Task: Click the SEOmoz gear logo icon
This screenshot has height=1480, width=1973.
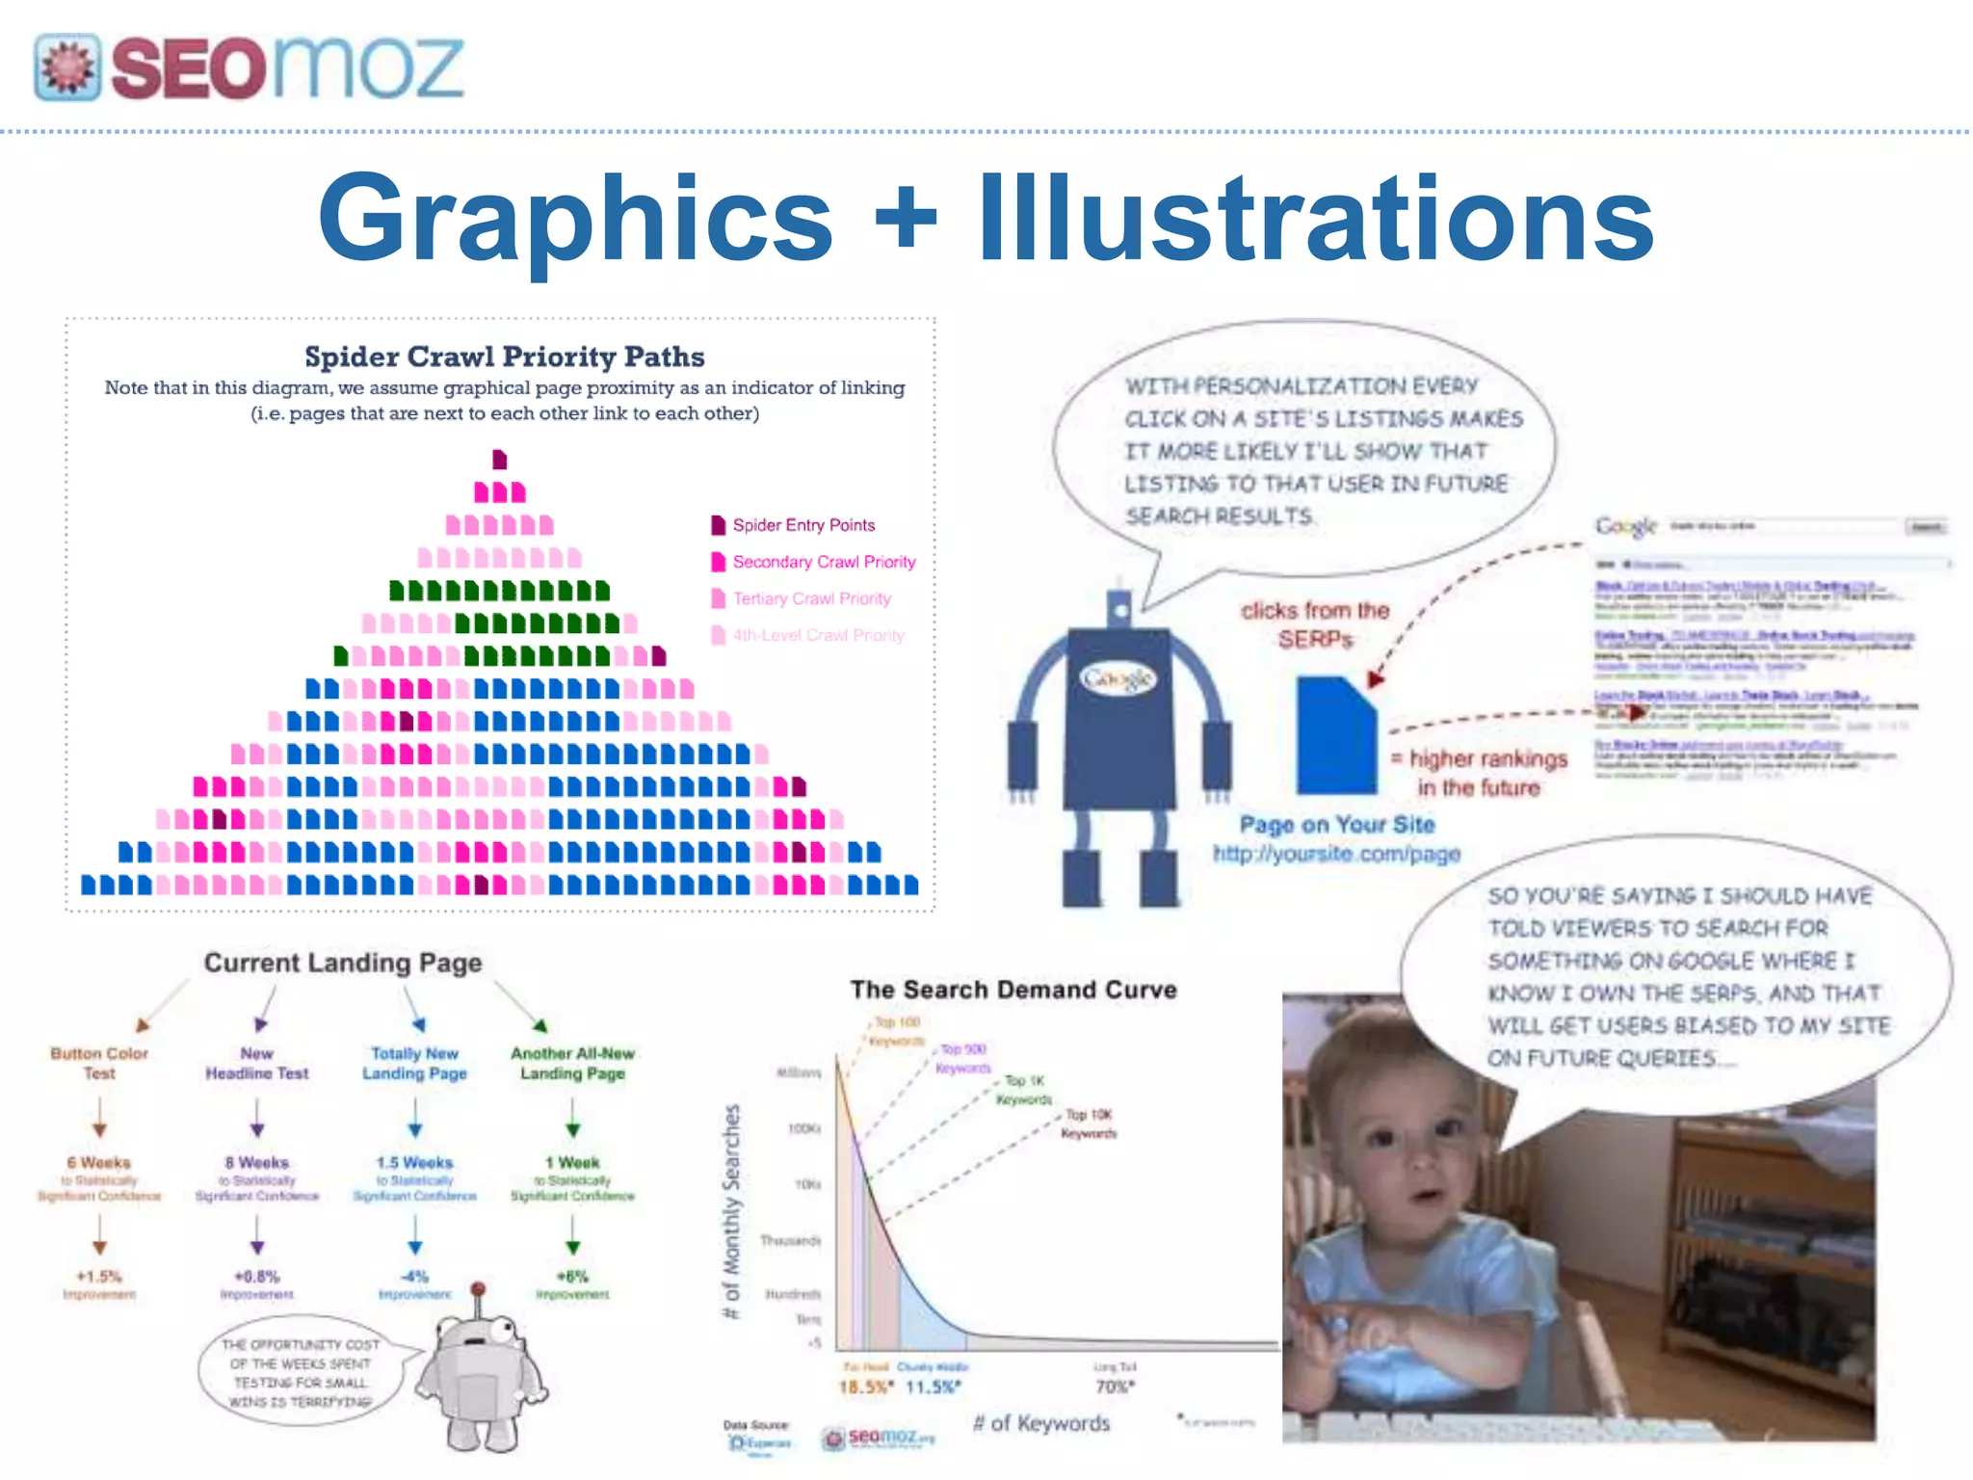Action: click(67, 67)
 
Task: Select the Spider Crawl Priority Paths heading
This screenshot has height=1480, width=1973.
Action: click(504, 357)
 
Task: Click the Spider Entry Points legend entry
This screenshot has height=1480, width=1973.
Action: click(802, 525)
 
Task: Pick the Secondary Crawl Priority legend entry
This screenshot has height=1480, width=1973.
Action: click(823, 562)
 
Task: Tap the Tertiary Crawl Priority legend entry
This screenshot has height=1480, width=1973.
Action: click(810, 598)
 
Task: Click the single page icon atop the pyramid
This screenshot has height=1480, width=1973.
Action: click(499, 459)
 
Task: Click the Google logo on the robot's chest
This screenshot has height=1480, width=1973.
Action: click(1118, 679)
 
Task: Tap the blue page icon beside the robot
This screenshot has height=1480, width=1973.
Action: click(1335, 735)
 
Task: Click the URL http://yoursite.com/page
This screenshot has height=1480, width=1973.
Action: click(1336, 854)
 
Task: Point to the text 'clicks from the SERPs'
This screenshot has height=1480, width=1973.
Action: click(1315, 624)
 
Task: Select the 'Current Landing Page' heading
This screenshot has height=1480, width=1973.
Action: click(343, 963)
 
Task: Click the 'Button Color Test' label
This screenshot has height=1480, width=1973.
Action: click(99, 1063)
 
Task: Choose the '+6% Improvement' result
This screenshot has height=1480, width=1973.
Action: click(572, 1283)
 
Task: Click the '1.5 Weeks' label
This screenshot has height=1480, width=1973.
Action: click(414, 1163)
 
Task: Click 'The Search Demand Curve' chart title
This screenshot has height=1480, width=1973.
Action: click(1013, 990)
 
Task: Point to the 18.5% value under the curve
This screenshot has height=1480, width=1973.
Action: click(865, 1387)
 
